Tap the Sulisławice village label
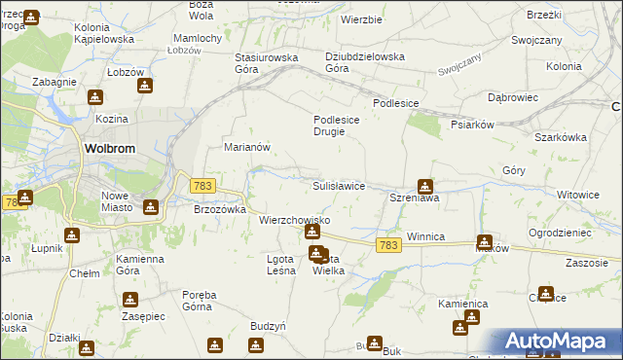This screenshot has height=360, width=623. (x=338, y=185)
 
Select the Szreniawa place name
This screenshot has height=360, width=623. (x=416, y=198)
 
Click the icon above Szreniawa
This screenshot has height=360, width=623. (x=425, y=185)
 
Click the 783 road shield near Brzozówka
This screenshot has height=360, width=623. (x=202, y=185)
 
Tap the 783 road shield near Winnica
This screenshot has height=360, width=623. (x=388, y=246)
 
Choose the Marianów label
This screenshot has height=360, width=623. (x=246, y=147)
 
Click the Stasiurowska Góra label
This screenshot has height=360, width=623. (x=266, y=63)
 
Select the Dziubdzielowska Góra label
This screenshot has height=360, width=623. (x=365, y=62)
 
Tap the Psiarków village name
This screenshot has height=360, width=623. (x=474, y=125)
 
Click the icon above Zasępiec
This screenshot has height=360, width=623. (x=129, y=300)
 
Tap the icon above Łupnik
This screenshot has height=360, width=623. (x=72, y=234)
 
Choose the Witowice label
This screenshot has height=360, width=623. (x=578, y=195)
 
